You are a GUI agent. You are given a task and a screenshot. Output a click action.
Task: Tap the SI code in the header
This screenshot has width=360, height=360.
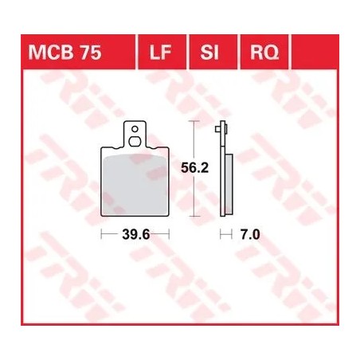click(209, 53)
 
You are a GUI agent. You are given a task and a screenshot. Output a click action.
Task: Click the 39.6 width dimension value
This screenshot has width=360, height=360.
click(135, 235)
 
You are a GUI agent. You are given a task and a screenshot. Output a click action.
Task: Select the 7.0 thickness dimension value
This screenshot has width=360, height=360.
click(250, 235)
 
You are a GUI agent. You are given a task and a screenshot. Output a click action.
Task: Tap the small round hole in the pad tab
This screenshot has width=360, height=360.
click(135, 128)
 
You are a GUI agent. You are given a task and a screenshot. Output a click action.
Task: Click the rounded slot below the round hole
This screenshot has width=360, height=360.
click(135, 142)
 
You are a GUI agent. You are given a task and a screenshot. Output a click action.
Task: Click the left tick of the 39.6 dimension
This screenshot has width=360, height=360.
click(101, 235)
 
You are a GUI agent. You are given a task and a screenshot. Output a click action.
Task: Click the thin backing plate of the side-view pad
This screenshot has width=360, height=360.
click(224, 175)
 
